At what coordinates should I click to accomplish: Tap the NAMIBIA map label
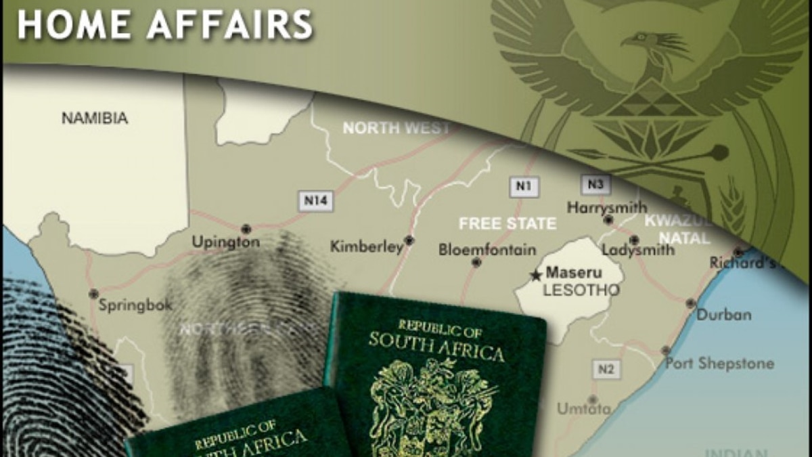coord(95,118)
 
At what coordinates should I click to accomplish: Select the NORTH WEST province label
coord(396,128)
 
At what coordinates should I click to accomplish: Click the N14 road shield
coord(316,200)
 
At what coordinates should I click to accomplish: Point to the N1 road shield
coord(524,186)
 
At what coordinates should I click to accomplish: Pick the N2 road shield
coord(606,369)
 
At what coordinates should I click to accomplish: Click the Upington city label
coord(225,242)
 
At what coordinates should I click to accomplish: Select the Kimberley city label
coord(367,247)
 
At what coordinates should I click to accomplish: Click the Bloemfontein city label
coord(487,249)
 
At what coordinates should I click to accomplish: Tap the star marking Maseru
coord(536,275)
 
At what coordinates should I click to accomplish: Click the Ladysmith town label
coord(637,250)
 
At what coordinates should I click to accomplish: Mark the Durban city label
coord(723,315)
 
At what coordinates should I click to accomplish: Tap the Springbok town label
coord(135,305)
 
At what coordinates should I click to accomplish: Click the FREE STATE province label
coord(507,223)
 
